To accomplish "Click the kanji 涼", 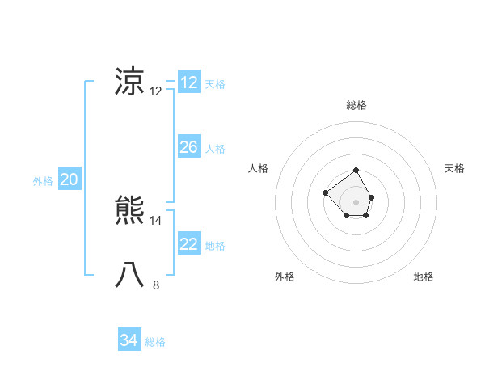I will [x=130, y=82].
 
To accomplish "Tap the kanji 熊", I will [x=130, y=211].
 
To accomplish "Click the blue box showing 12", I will [x=188, y=82].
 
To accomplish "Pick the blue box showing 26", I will [x=188, y=147].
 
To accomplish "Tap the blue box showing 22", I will [x=188, y=244].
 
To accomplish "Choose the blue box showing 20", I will [x=69, y=180].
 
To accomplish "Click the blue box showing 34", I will [x=129, y=340].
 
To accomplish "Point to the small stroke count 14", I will [x=156, y=220].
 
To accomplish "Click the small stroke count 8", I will [x=156, y=285].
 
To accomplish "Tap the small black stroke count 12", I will [x=156, y=91].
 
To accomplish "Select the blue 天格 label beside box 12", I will [x=215, y=84].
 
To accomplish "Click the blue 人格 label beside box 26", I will [x=215, y=149].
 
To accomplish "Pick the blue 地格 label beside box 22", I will [x=215, y=246].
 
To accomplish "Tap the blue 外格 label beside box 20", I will [x=43, y=182].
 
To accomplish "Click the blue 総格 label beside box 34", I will [x=155, y=342].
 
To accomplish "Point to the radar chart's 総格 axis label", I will [x=356, y=105].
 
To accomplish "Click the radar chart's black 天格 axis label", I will [x=454, y=168].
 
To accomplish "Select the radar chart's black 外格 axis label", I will [x=285, y=277].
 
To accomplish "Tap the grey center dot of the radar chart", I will [x=356, y=201].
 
